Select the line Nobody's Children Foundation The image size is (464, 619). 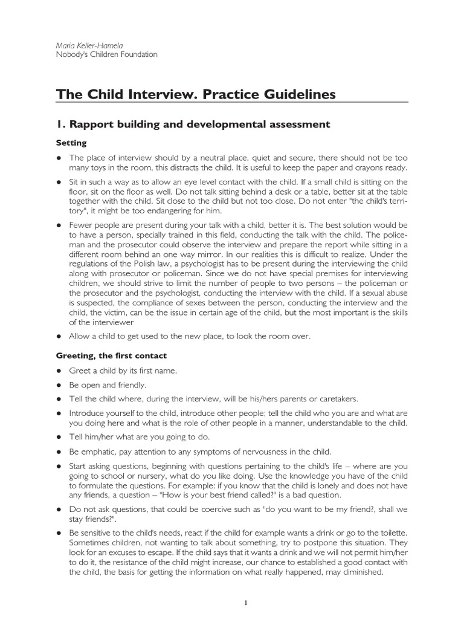106,54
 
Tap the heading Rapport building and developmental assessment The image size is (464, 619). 200,125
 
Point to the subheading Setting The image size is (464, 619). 71,143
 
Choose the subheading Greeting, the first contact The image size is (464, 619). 111,355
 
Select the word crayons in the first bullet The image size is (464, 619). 373,167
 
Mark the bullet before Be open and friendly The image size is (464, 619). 59,384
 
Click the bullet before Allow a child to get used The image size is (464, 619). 59,335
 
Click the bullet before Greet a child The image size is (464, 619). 59,370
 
